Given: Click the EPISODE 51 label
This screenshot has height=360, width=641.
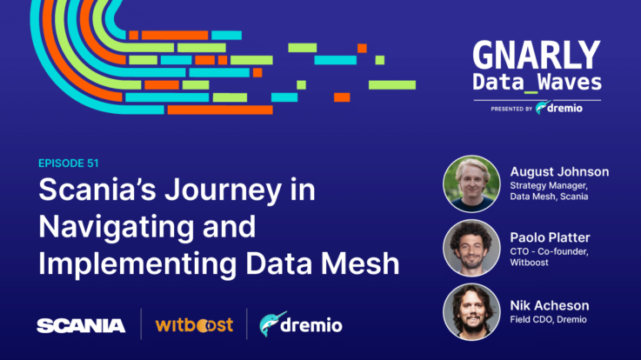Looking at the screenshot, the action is tap(68, 163).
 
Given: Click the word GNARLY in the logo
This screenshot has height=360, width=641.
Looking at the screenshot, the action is tap(537, 56).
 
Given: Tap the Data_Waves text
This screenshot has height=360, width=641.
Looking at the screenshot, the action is tap(538, 83).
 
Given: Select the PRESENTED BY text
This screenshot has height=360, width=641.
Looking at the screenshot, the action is tap(511, 109).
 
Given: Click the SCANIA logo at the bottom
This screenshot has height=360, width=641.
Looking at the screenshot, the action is tap(81, 326).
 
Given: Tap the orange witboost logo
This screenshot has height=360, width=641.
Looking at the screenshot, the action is tap(194, 325).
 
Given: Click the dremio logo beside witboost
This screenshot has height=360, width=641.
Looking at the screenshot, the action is tap(301, 324).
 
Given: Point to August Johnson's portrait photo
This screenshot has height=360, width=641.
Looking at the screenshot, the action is tap(471, 183).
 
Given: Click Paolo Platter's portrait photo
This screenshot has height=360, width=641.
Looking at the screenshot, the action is tap(471, 248).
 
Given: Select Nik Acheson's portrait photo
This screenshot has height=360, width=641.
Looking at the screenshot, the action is tap(471, 312).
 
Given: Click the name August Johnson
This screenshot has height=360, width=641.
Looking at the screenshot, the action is tap(559, 172).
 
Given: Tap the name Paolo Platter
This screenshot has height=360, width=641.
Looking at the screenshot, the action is tap(550, 237).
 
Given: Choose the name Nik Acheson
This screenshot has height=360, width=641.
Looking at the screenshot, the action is tap(550, 305).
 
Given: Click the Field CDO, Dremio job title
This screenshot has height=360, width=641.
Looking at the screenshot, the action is tap(548, 319).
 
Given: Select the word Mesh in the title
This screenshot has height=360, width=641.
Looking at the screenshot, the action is tap(360, 263).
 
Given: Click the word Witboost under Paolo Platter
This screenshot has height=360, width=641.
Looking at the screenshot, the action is tap(529, 263).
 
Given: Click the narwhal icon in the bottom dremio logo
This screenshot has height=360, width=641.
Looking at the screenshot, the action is tap(270, 324).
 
